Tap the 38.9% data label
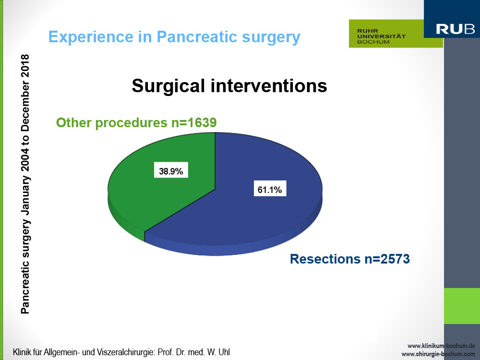tap(171, 170)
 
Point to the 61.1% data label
tap(270, 189)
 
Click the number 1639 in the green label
tap(202, 123)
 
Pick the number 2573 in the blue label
tap(395, 259)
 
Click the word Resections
tap(325, 259)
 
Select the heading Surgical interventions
tap(229, 86)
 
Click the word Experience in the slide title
tap(91, 37)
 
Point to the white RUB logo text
tap(455, 29)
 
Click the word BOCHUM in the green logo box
tap(373, 42)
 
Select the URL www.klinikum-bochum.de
tap(441, 346)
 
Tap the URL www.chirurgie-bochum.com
tap(438, 354)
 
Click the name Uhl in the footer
tap(224, 352)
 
